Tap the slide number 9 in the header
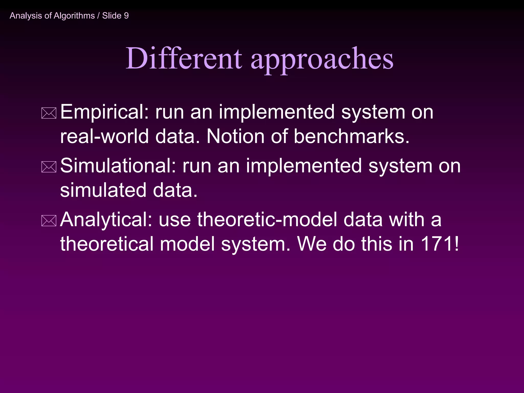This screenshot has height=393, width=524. (x=126, y=16)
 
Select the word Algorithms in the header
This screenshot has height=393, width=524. (x=74, y=16)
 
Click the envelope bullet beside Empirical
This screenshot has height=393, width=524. (x=49, y=113)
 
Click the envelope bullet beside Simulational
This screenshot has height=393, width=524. (x=49, y=167)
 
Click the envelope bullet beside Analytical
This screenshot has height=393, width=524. (x=49, y=221)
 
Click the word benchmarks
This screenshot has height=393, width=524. (x=351, y=136)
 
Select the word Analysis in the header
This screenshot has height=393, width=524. (x=26, y=16)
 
